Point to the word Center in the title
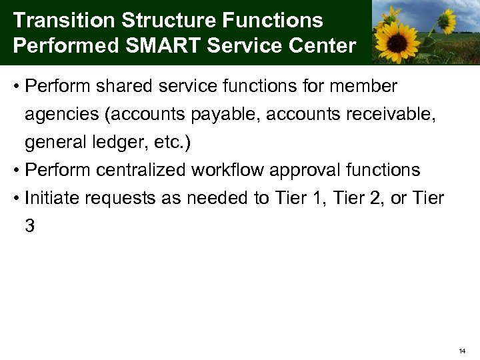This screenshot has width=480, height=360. (325, 47)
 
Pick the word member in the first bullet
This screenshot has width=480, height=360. (365, 87)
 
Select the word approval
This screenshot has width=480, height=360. (306, 171)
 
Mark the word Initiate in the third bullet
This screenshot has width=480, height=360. (49, 198)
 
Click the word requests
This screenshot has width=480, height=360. (113, 199)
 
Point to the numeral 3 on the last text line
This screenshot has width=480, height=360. (30, 227)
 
